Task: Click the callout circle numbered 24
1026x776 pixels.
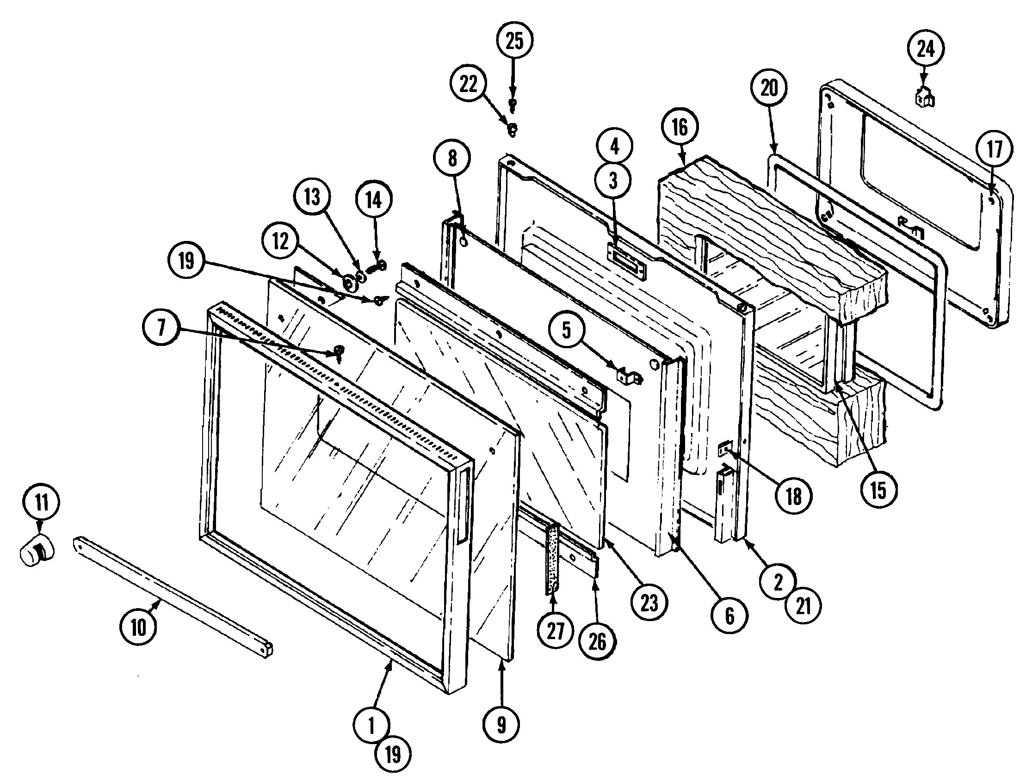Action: pos(926,49)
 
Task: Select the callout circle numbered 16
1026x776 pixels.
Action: pos(680,128)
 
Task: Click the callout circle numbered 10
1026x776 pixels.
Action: pos(138,628)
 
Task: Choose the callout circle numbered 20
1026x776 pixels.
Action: pos(768,88)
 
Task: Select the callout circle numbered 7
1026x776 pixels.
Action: pos(161,328)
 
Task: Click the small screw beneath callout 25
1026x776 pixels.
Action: pos(513,104)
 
